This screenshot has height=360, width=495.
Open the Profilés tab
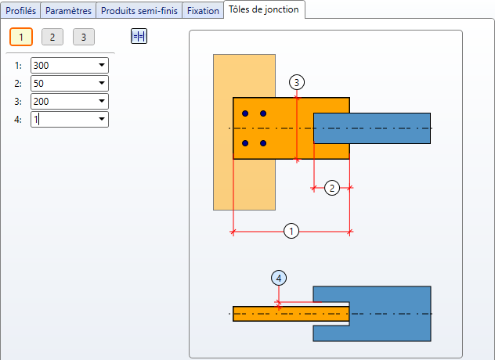(21, 11)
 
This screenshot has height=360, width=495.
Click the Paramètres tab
(68, 11)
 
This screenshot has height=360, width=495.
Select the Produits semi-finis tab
(139, 11)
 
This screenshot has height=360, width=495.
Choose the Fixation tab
(203, 11)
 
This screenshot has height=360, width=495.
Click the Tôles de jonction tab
(264, 9)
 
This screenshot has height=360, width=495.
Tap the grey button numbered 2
(52, 37)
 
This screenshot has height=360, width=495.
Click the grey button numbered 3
(84, 37)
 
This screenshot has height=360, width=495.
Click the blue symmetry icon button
(139, 36)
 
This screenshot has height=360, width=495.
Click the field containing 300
(70, 65)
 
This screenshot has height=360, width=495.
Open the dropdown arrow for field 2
(102, 83)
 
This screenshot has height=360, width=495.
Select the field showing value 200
(70, 101)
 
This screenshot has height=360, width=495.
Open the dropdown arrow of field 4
(102, 119)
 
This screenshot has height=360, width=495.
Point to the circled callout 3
(297, 82)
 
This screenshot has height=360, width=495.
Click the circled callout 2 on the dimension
(332, 188)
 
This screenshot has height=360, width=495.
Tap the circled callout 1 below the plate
(291, 232)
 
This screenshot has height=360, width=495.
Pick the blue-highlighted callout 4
(279, 279)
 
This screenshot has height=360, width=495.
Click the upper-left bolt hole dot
(245, 113)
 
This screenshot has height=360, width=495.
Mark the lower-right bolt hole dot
(263, 143)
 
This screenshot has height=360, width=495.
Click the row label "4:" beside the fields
(18, 120)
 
